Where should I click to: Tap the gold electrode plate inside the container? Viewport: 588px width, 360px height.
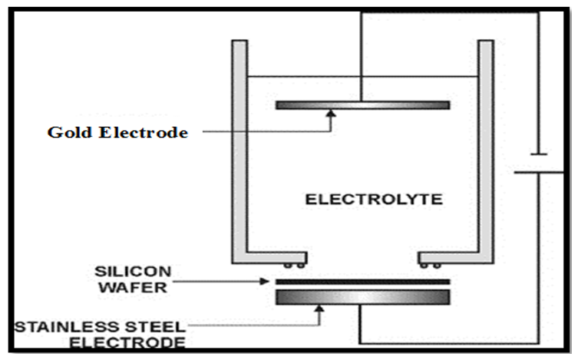click(x=362, y=104)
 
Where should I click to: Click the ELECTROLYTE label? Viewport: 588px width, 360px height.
click(x=374, y=200)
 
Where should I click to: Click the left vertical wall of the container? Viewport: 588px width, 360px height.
click(x=239, y=146)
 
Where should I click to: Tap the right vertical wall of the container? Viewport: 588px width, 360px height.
click(x=485, y=146)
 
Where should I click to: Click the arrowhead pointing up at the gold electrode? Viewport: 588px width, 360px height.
click(x=332, y=114)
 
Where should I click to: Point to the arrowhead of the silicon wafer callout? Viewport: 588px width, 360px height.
click(x=268, y=281)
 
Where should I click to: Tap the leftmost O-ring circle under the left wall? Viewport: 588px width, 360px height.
click(x=288, y=266)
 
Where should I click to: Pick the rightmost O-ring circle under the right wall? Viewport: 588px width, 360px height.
click(x=438, y=266)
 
